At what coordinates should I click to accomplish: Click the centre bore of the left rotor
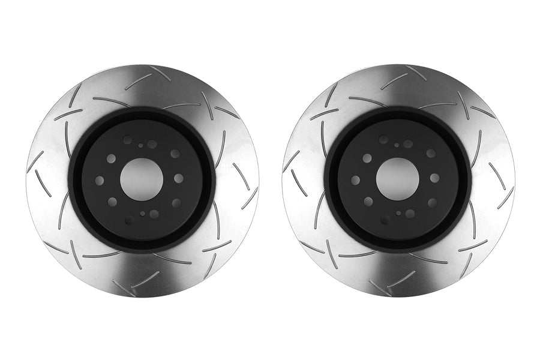[x=142, y=179]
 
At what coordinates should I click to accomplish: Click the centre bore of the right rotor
[x=398, y=179]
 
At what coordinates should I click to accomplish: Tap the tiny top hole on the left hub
[x=140, y=145]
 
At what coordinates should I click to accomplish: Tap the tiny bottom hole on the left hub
[x=142, y=214]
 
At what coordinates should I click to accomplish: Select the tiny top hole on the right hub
[x=397, y=145]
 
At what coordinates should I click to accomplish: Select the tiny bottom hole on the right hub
[x=398, y=213]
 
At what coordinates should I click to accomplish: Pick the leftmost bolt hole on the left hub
[x=100, y=181]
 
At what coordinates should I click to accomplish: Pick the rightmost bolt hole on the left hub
[x=179, y=178]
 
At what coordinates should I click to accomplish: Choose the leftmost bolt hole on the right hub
[x=355, y=180]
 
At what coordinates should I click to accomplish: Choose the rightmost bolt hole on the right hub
[x=435, y=178]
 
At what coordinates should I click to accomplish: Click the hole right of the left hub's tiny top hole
[x=152, y=144]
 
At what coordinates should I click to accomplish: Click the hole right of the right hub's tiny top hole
[x=408, y=143]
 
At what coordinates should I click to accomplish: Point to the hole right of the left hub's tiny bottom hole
[x=154, y=214]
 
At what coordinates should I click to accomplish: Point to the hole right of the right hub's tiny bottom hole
[x=410, y=214]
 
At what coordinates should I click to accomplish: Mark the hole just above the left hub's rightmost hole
[x=175, y=154]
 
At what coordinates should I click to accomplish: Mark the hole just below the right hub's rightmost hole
[x=432, y=203]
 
